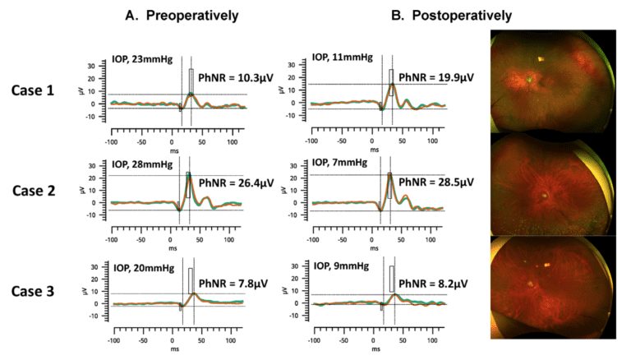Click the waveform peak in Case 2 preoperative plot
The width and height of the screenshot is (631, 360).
(x=188, y=175)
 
